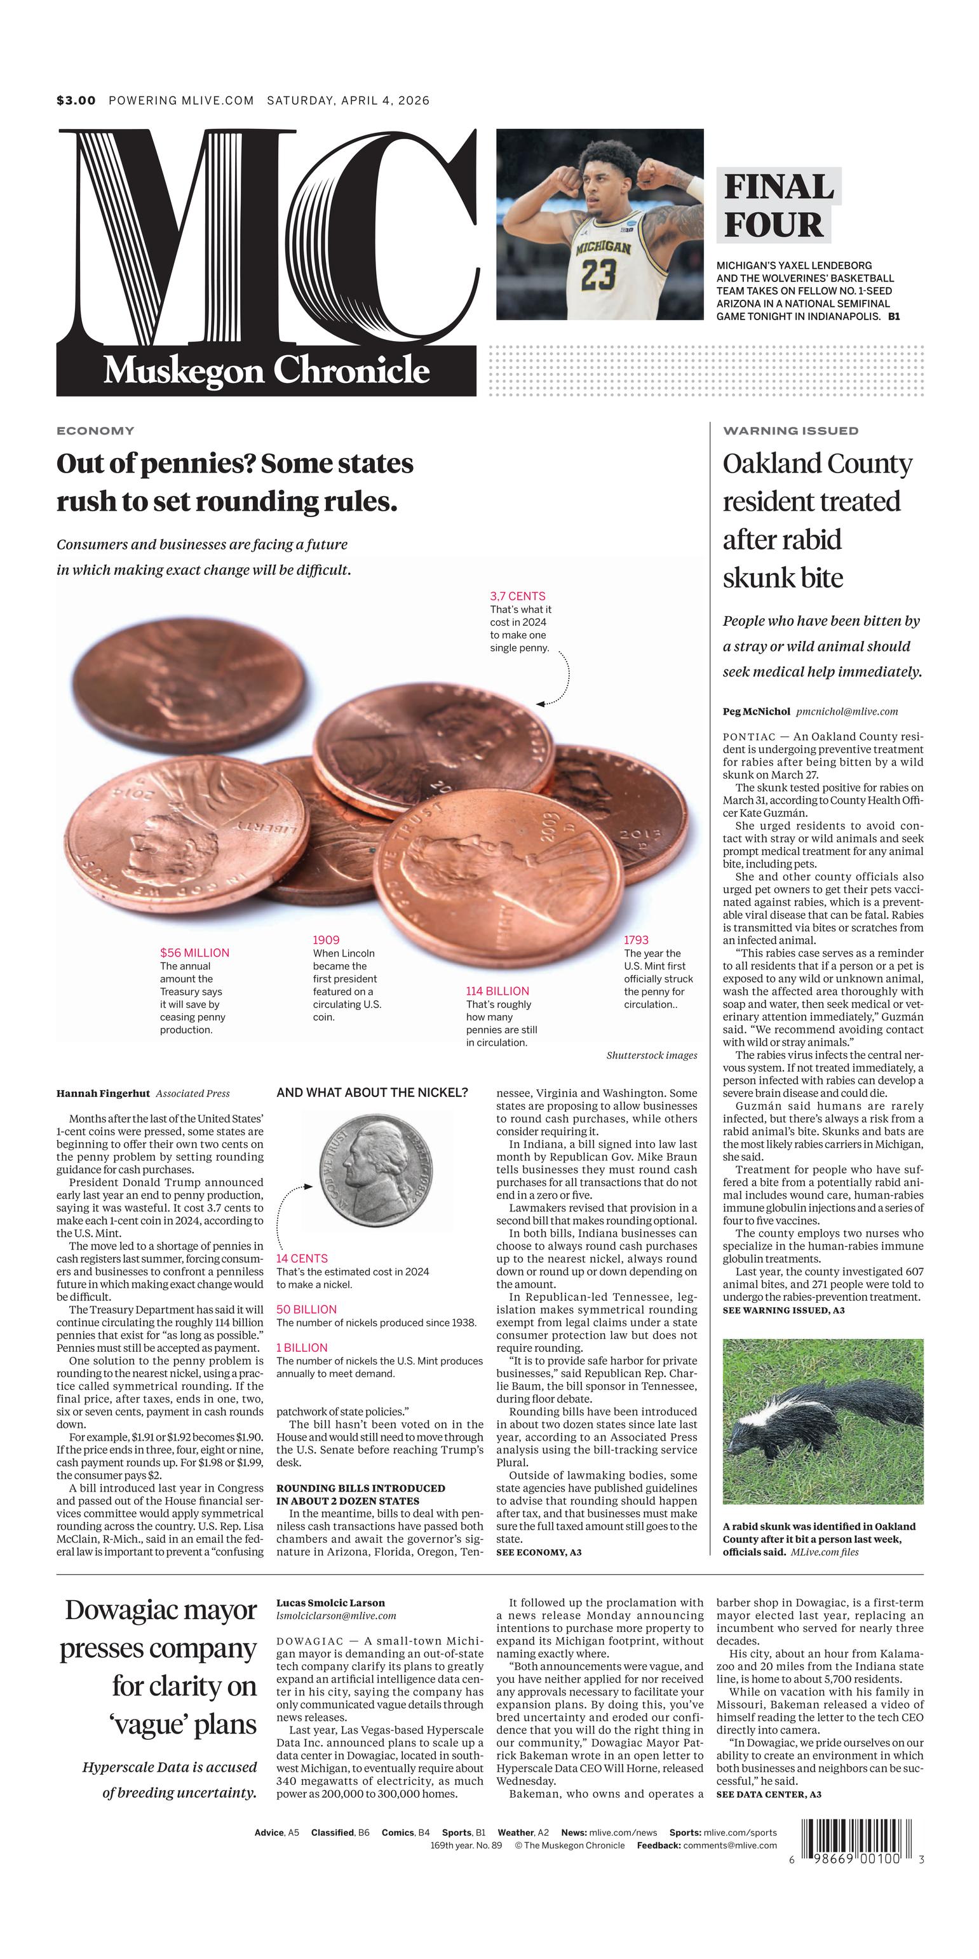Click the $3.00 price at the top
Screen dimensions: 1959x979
pos(76,100)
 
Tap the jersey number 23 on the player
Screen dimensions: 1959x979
pos(598,274)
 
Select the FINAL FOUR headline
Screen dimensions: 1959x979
pos(778,206)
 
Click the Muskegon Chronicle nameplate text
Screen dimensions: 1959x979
pos(266,371)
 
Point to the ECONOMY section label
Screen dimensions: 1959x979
pos(95,431)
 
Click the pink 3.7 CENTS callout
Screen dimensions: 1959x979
pos(517,596)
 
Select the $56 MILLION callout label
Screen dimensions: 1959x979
pos(194,953)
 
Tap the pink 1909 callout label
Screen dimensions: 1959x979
pos(327,940)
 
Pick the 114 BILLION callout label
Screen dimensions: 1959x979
pos(497,991)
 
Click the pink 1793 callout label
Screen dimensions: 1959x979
pos(636,940)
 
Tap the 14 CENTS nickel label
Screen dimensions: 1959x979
pos(302,1258)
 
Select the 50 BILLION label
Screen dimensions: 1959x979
pos(306,1310)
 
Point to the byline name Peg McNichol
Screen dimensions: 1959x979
pos(756,712)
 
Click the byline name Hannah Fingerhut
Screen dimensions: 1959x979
pos(103,1094)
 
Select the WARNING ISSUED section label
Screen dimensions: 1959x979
pos(790,431)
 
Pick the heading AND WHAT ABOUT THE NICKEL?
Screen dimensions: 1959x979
pos(372,1093)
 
